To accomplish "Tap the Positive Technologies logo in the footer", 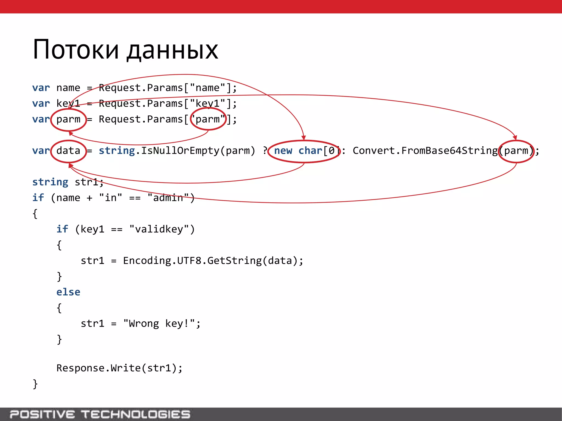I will point(100,414).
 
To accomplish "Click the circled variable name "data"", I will point(68,151).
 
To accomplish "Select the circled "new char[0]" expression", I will point(304,151).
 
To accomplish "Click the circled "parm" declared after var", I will point(68,120).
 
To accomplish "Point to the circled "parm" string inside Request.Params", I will point(208,119).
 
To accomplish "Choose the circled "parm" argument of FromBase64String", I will point(516,151).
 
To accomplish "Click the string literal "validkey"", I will point(159,229).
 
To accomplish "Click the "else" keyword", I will point(68,292).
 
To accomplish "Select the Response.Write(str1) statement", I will point(119,368).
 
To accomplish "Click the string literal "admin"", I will point(168,198).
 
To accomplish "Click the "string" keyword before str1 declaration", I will point(50,182).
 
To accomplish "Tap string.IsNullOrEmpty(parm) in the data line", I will point(177,151).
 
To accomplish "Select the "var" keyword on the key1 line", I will point(41,104).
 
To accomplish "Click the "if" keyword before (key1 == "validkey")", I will point(62,229).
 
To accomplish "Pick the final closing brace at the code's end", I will point(35,384).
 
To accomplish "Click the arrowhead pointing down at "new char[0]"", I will point(303,138).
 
